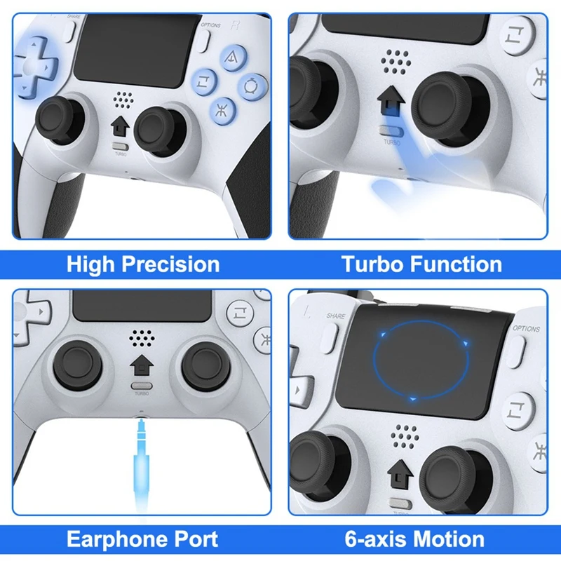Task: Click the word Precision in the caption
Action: coord(170,265)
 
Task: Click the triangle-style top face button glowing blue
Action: coord(233,57)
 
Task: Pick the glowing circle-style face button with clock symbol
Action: coord(253,87)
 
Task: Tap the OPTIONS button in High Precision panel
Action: coord(204,41)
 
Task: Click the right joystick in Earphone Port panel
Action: coord(205,365)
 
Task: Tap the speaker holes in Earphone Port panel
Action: coord(142,338)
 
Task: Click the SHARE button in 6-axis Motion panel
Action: coord(329,338)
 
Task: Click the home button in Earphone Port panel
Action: coord(142,365)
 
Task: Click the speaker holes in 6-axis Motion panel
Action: coord(405,436)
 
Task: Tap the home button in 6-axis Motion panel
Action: coord(400,474)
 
